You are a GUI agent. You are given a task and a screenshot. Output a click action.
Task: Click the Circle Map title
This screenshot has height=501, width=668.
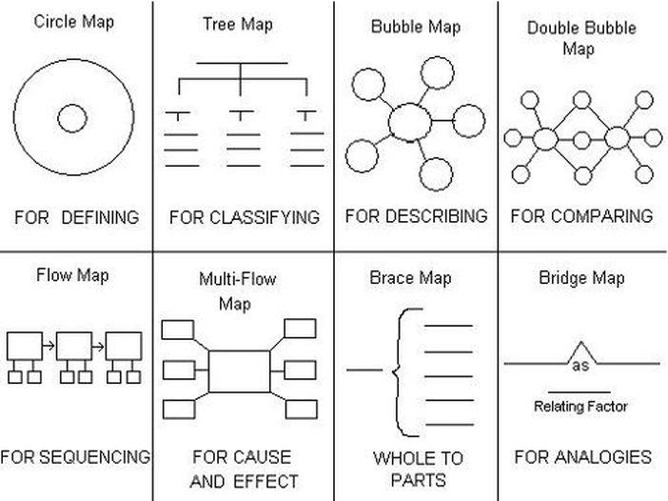pyautogui.click(x=73, y=22)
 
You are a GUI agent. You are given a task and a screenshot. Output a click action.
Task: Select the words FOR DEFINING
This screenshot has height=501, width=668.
pyautogui.click(x=77, y=217)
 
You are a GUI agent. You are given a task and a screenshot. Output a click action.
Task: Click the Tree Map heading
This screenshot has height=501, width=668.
pyautogui.click(x=238, y=25)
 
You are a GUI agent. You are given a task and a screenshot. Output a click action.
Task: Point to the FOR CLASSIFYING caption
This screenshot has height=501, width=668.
pyautogui.click(x=245, y=217)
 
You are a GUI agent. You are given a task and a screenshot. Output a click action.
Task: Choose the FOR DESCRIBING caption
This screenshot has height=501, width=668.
pyautogui.click(x=416, y=216)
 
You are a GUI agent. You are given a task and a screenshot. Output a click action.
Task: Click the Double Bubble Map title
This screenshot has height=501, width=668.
pyautogui.click(x=581, y=38)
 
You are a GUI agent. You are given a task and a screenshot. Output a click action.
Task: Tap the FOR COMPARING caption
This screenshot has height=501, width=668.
pyautogui.click(x=581, y=216)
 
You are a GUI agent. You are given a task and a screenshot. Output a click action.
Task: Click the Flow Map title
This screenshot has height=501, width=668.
pyautogui.click(x=72, y=275)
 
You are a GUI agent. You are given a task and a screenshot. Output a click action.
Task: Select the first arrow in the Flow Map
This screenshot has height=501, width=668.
pyautogui.click(x=49, y=346)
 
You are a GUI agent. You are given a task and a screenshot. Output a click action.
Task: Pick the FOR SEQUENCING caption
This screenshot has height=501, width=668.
pyautogui.click(x=75, y=456)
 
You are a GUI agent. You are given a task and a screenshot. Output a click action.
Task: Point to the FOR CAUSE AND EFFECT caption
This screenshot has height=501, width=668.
pyautogui.click(x=244, y=469)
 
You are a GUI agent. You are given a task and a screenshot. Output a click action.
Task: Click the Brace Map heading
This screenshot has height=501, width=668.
pyautogui.click(x=410, y=278)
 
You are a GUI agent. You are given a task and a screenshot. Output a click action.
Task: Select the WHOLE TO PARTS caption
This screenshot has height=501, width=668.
pyautogui.click(x=418, y=469)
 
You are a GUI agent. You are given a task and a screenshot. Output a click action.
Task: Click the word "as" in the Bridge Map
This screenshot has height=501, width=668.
pyautogui.click(x=580, y=366)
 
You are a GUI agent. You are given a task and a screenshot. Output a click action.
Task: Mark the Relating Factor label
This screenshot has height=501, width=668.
pyautogui.click(x=580, y=407)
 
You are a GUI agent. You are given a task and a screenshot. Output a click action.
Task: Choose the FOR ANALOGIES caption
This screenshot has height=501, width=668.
pyautogui.click(x=582, y=457)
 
